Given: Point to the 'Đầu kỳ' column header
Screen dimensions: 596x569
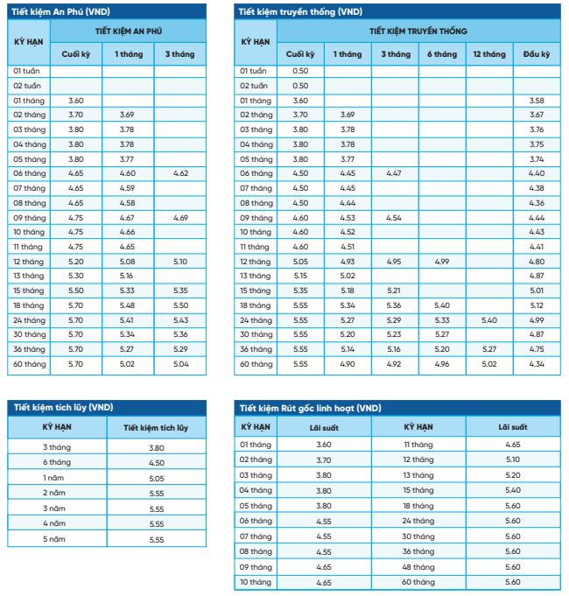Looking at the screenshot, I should click(537, 54).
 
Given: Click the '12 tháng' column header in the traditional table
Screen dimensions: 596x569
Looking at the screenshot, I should click(488, 54).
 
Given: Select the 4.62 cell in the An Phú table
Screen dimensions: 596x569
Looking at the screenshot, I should click(180, 174).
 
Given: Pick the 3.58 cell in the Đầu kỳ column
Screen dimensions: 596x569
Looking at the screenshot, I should click(537, 101).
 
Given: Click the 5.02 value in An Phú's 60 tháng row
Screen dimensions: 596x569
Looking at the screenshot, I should click(127, 363).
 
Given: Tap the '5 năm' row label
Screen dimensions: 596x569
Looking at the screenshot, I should click(54, 539).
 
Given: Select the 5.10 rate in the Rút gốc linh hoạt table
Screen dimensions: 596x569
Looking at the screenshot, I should click(513, 459).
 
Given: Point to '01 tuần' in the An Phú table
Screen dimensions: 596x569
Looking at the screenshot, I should click(29, 70).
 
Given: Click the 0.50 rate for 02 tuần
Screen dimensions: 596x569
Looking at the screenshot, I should click(300, 86).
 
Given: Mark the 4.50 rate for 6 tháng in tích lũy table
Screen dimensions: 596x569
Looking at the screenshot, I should click(157, 463).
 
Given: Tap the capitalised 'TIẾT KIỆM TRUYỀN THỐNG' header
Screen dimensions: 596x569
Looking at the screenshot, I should click(418, 31).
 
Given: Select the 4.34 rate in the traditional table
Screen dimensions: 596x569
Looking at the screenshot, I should click(537, 363).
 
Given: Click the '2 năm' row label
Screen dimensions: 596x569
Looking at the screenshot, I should click(54, 494).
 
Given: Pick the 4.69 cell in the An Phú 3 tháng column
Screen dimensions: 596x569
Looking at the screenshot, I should click(180, 218).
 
